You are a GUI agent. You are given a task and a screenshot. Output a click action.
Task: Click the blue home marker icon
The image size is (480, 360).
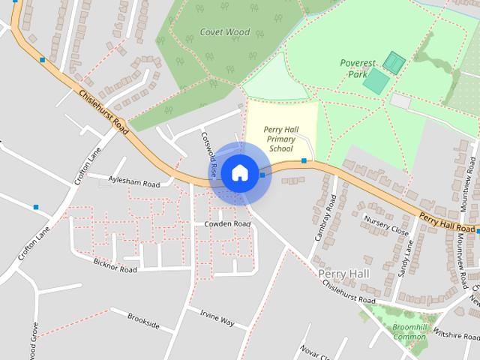click(x=239, y=173)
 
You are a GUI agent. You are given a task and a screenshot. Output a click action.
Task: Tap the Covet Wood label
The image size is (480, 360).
click(x=225, y=31)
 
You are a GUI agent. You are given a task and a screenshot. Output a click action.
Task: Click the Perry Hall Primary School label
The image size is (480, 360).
click(x=280, y=139)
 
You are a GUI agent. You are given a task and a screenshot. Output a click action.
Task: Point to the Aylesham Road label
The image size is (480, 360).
click(x=134, y=182)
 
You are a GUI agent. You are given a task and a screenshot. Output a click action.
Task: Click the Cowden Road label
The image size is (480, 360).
click(x=226, y=223)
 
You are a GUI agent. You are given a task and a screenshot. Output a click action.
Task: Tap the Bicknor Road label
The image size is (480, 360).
click(x=115, y=268)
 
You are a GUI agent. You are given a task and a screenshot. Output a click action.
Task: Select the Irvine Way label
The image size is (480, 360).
click(x=217, y=322)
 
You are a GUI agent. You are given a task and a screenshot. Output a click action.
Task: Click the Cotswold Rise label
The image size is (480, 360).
click(x=208, y=154)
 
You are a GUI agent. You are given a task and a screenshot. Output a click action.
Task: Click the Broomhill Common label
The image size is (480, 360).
click(x=409, y=332)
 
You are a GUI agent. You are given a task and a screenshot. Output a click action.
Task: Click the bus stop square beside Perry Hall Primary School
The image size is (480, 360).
click(x=304, y=160)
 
